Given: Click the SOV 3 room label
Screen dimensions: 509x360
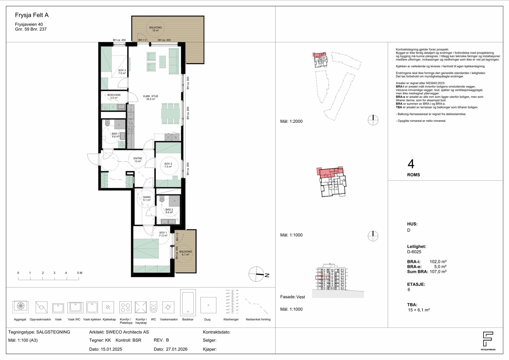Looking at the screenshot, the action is [x=122, y=72].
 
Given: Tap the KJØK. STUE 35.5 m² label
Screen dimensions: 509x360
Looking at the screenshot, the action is [x=151, y=98].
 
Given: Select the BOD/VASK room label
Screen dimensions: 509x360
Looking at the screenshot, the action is [x=114, y=96].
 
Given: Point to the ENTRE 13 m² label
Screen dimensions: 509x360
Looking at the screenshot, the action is [x=138, y=160].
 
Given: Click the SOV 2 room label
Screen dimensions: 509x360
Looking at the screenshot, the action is [x=168, y=165].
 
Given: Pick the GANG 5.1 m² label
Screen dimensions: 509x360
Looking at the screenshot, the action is [x=147, y=198].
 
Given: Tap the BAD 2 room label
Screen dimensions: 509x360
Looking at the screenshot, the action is [x=169, y=211].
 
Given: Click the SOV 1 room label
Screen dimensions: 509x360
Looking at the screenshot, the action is [x=163, y=234].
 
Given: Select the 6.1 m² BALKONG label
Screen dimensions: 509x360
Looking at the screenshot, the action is [x=186, y=253].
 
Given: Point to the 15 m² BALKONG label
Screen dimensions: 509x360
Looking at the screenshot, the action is [x=156, y=29].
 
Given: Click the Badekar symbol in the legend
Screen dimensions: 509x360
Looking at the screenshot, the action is [x=188, y=302].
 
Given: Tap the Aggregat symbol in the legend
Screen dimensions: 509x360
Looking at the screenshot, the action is [x=20, y=306].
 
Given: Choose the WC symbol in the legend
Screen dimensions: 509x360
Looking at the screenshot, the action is [x=154, y=307].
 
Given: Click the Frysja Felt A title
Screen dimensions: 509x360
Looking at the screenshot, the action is [x=32, y=15].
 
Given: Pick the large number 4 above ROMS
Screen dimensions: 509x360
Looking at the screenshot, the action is [x=411, y=164].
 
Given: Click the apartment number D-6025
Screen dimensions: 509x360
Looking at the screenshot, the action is [x=414, y=252].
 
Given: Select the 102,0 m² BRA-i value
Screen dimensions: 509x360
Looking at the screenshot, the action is [x=438, y=262].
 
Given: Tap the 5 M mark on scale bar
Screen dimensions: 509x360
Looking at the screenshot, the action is [x=80, y=273].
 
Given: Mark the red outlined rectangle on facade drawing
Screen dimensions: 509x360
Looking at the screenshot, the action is [x=321, y=278].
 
